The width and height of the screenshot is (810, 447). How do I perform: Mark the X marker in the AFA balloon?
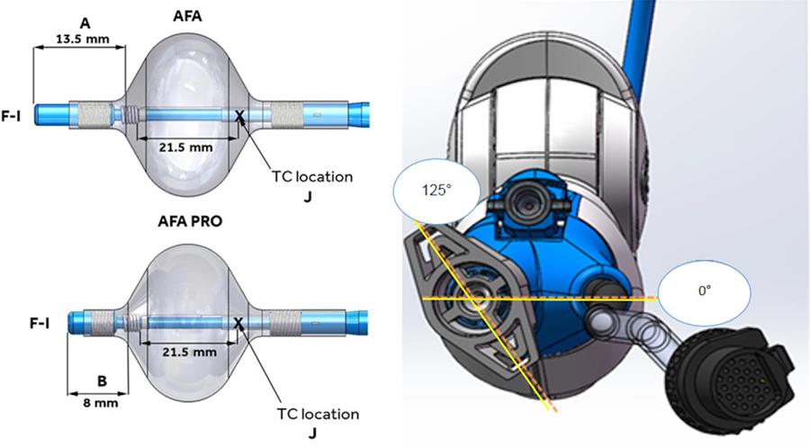click(239, 115)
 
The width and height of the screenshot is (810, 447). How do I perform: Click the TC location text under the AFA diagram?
click(310, 177)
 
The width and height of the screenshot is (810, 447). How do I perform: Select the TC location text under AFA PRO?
click(315, 415)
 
